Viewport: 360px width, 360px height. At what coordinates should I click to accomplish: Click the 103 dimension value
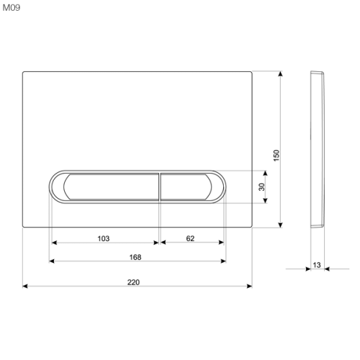(x=103, y=238)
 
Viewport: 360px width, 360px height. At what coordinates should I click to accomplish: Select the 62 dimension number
(x=190, y=238)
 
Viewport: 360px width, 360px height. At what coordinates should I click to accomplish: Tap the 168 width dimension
(x=134, y=257)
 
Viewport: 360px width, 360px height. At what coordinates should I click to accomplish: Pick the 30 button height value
(x=262, y=186)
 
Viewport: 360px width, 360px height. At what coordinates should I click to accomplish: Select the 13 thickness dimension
(x=317, y=265)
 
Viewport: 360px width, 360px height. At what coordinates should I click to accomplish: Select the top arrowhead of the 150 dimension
(x=280, y=73)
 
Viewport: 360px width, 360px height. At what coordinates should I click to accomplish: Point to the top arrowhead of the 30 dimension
(x=266, y=173)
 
